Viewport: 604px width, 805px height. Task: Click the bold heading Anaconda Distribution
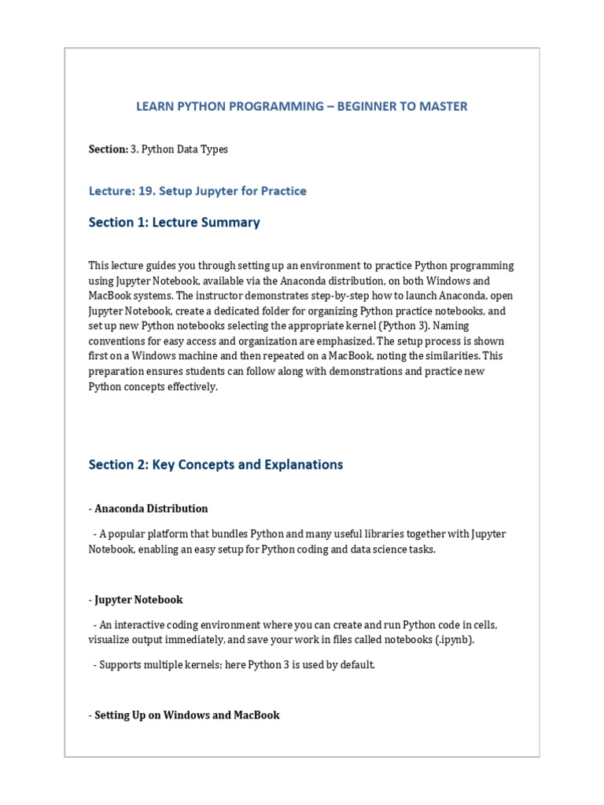pos(151,509)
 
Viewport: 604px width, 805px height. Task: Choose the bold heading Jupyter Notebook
pos(138,600)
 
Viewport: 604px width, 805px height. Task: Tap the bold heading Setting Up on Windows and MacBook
pos(187,715)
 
